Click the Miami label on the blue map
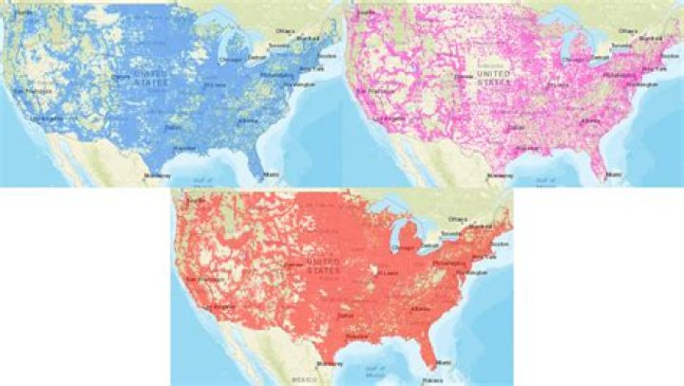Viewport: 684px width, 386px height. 273,175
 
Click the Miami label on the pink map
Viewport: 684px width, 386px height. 616,175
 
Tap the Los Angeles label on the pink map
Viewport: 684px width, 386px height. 387,119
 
